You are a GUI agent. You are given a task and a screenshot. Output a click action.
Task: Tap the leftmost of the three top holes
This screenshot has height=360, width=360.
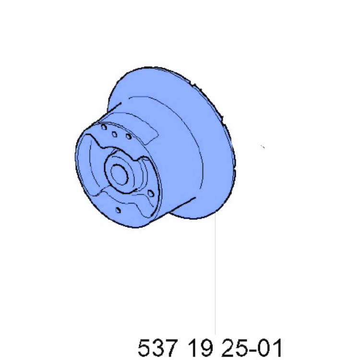point(103,127)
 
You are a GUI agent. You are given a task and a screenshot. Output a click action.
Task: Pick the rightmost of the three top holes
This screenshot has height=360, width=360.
point(128,137)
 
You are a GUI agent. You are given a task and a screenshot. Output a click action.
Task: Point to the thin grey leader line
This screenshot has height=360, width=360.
point(215,278)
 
